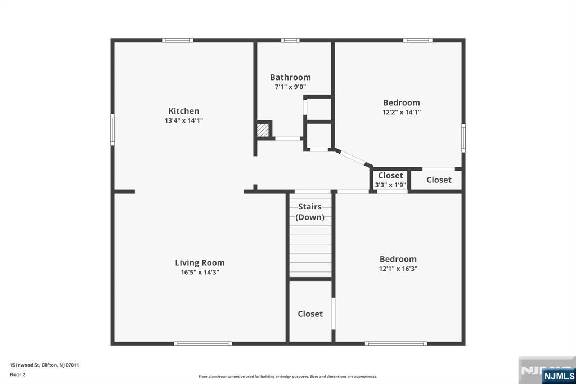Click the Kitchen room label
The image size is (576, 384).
tap(184, 111)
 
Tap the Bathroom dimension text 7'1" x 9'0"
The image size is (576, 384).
tap(290, 87)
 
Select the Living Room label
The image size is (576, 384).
tap(200, 262)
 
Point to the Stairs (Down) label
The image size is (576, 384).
tap(310, 212)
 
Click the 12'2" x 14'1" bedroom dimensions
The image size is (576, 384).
tap(402, 112)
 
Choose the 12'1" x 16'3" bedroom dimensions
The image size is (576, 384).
tap(398, 269)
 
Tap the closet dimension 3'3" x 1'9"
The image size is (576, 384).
tap(390, 185)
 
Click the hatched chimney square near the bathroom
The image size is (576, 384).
tap(263, 130)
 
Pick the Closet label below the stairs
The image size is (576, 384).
tap(310, 314)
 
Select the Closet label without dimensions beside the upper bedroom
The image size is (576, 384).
tap(439, 180)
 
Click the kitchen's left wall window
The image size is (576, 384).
tap(112, 130)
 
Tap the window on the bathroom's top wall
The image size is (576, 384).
tap(290, 41)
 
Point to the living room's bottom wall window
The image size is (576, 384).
tap(203, 343)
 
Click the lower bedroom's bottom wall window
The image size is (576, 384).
tap(396, 343)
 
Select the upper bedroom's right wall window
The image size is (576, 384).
tap(463, 138)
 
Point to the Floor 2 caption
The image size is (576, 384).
tap(17, 375)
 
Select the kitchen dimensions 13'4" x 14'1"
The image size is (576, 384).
tap(184, 120)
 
